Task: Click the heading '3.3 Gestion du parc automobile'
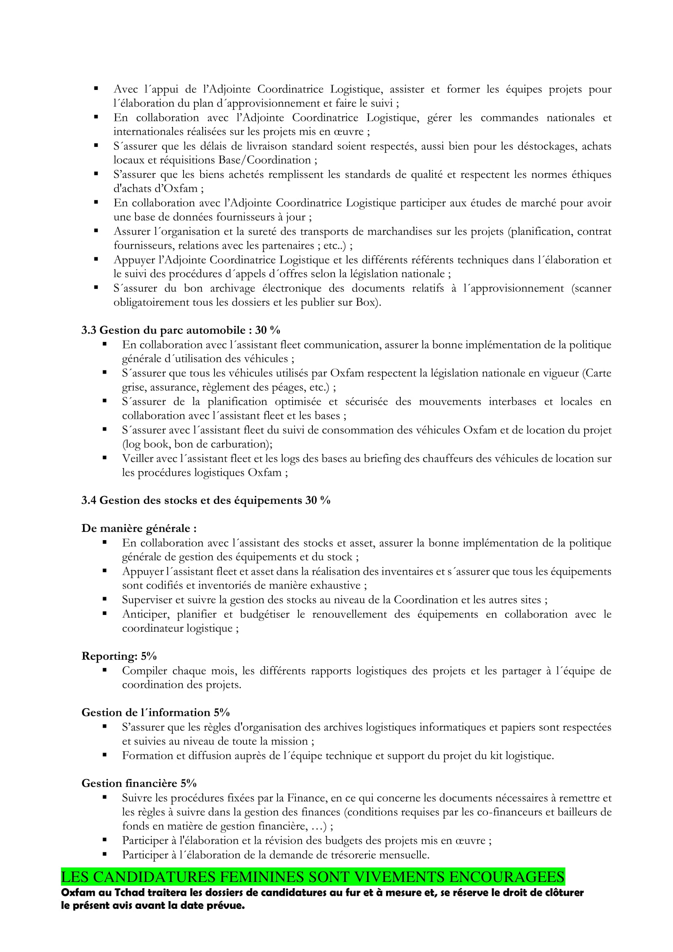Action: [x=181, y=330]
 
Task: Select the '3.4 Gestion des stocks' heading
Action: [x=205, y=500]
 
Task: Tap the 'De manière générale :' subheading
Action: [x=139, y=528]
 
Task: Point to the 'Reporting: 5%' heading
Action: [x=119, y=656]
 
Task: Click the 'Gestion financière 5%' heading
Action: [x=139, y=783]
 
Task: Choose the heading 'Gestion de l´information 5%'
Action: [x=155, y=712]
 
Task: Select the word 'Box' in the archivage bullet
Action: [x=365, y=302]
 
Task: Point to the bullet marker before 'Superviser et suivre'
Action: [x=105, y=599]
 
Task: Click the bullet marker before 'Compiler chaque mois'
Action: [x=105, y=670]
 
